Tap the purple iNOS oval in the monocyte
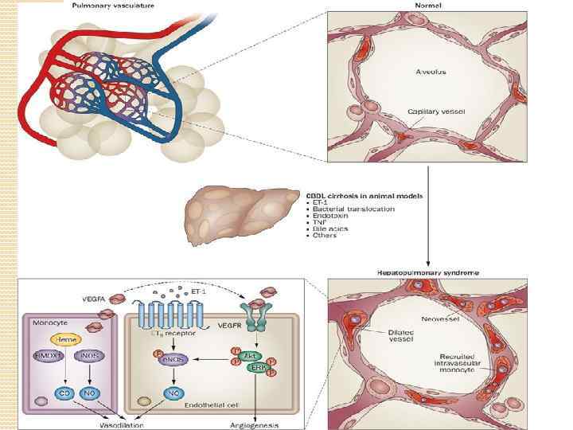point(89,356)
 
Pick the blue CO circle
point(63,393)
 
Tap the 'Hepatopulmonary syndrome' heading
point(428,272)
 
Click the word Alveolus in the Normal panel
point(431,72)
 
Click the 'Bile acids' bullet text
point(331,228)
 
